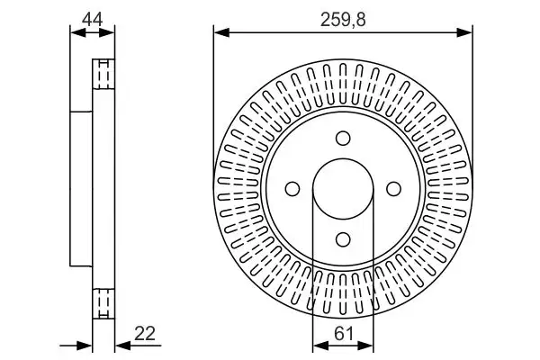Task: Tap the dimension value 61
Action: (x=343, y=333)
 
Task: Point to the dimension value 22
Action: (x=144, y=333)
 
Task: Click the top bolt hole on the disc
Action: (x=343, y=138)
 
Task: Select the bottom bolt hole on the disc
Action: (x=343, y=238)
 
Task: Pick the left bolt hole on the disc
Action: (x=292, y=188)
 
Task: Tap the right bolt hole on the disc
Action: (x=393, y=188)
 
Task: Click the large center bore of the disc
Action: (x=343, y=188)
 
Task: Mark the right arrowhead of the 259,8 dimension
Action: (x=467, y=33)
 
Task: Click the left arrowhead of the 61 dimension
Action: (x=318, y=344)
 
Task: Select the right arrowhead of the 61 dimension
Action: (x=368, y=344)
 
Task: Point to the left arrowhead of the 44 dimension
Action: (x=75, y=33)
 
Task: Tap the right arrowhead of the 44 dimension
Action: (x=111, y=33)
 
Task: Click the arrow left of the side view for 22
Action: (x=86, y=344)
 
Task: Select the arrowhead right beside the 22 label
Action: (x=121, y=344)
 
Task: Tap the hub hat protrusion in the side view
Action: (x=81, y=188)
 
